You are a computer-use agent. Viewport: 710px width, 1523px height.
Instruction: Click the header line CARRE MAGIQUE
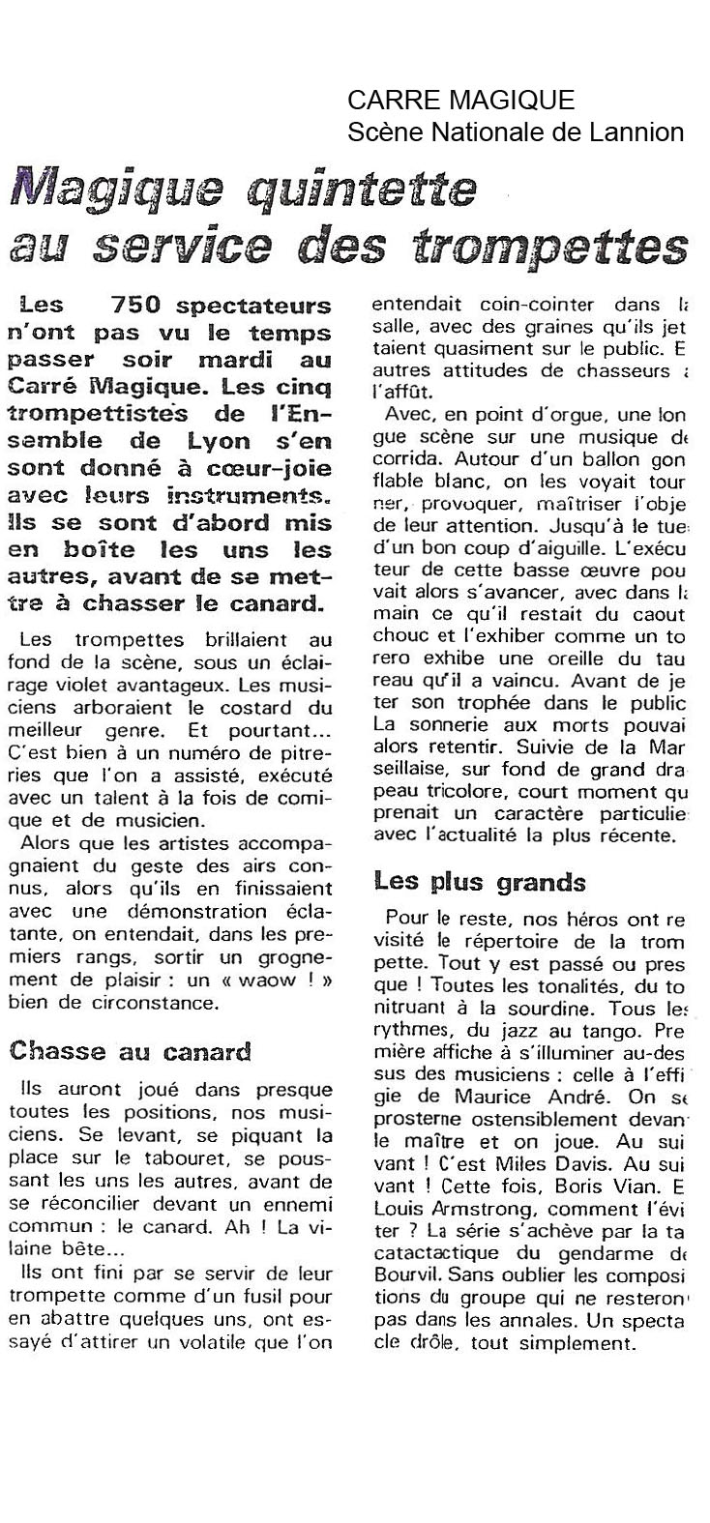pos(460,101)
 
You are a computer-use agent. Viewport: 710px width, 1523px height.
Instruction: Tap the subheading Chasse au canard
pos(130,1051)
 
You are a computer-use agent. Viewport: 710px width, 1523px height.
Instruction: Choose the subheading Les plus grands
pos(480,883)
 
